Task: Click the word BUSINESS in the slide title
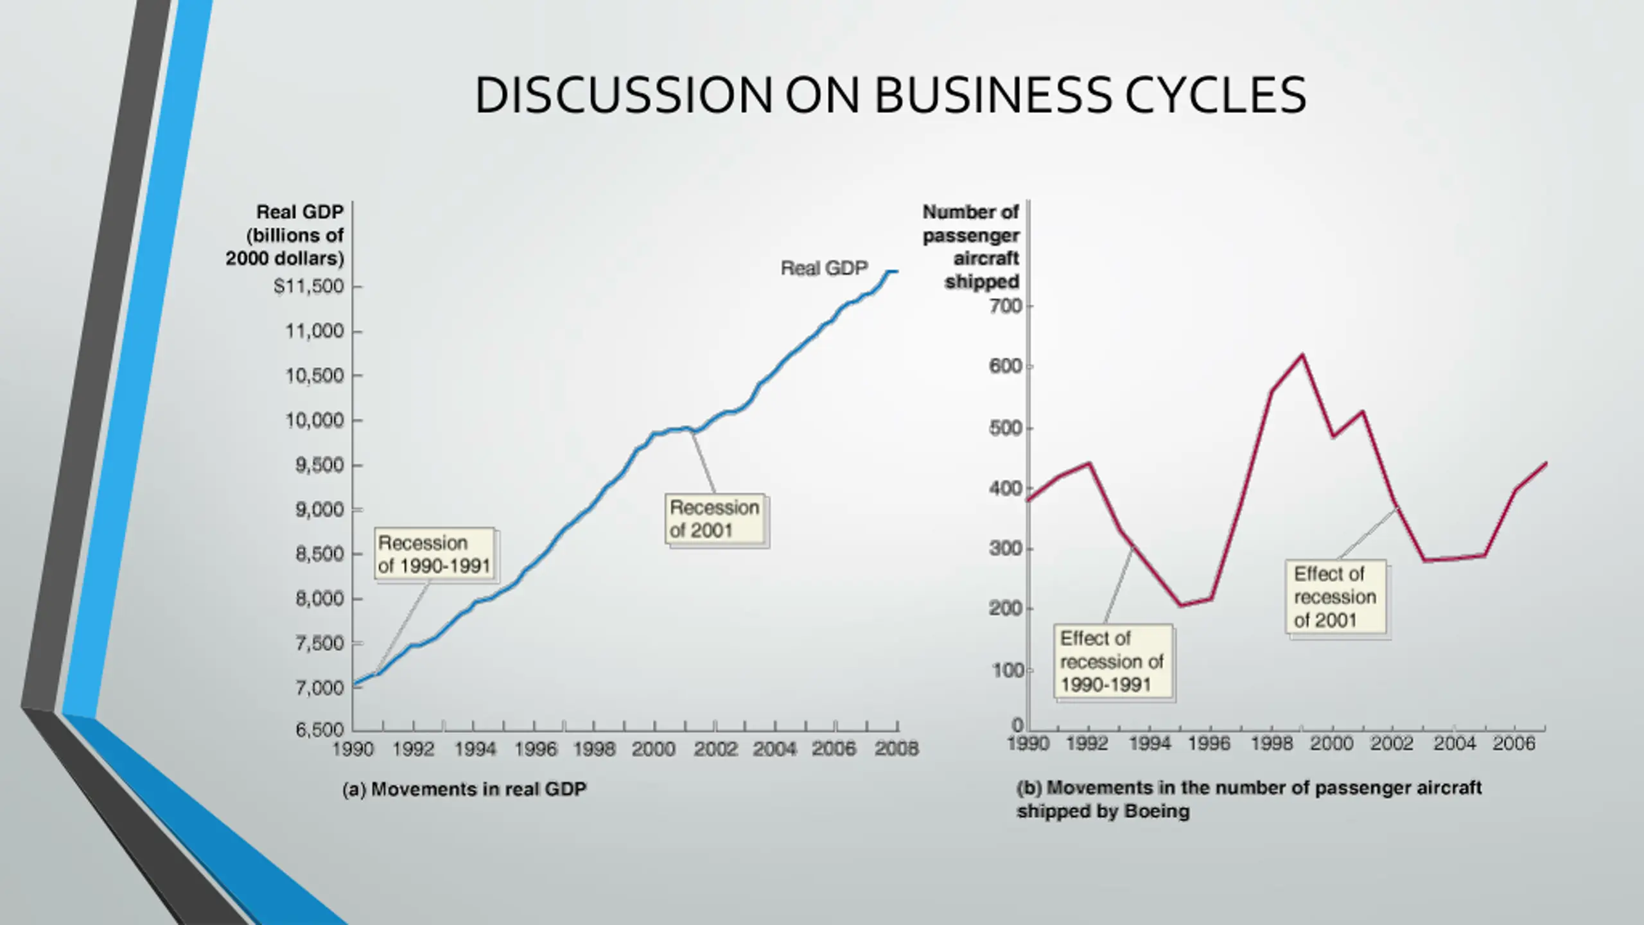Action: (x=992, y=95)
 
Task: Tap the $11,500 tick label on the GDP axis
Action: (x=309, y=286)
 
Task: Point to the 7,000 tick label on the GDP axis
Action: (x=320, y=688)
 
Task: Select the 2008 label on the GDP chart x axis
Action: (x=896, y=749)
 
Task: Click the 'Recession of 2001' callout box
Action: (x=715, y=519)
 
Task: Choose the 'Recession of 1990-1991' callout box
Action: (x=434, y=554)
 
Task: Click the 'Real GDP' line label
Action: (x=824, y=268)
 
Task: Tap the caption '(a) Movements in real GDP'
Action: (x=464, y=789)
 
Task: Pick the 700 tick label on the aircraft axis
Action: (x=1006, y=306)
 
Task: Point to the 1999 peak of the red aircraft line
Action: (x=1302, y=355)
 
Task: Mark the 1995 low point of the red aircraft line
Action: (x=1180, y=605)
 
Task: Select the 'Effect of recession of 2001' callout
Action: (x=1335, y=597)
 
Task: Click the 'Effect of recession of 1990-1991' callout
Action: (x=1112, y=662)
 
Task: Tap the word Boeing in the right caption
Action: (x=1157, y=811)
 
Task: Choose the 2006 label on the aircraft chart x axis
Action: (x=1514, y=744)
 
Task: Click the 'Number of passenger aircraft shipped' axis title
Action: (x=971, y=247)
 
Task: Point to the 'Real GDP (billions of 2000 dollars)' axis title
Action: (x=285, y=235)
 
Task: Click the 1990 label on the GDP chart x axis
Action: (x=353, y=749)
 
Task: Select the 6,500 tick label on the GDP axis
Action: (x=320, y=730)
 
